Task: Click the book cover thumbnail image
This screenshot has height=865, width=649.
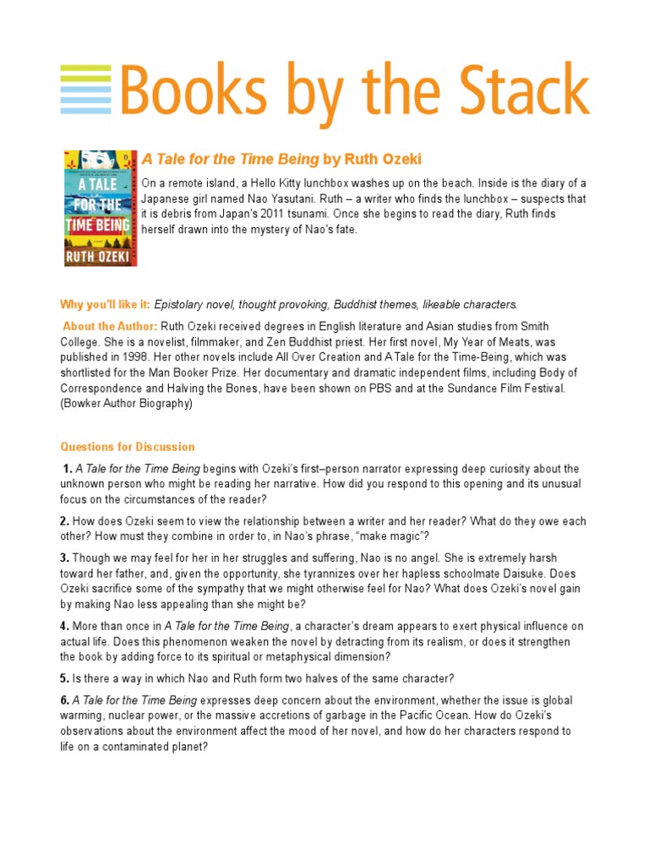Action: click(x=101, y=208)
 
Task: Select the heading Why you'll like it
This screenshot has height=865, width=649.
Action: click(x=105, y=304)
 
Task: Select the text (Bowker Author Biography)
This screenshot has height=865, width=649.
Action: click(x=127, y=404)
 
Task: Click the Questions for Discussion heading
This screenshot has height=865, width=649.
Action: click(x=127, y=447)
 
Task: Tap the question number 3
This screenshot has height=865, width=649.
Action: click(x=64, y=558)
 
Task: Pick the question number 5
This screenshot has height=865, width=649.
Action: click(x=64, y=677)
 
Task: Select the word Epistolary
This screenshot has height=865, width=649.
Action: click(x=180, y=304)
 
